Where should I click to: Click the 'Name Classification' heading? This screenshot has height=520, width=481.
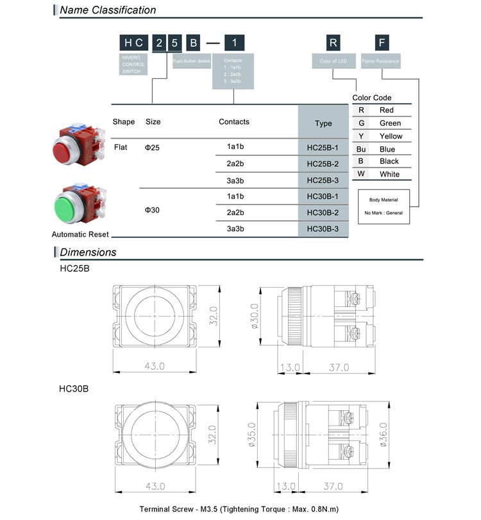[x=107, y=10]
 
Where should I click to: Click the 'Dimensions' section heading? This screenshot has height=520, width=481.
[x=88, y=252]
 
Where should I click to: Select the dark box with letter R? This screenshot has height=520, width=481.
[x=333, y=43]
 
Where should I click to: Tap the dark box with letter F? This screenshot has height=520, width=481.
[x=382, y=43]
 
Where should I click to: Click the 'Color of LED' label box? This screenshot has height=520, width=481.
[x=333, y=62]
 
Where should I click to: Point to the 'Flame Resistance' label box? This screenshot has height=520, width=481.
[x=381, y=62]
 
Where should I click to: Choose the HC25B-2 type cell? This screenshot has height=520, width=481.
[x=323, y=164]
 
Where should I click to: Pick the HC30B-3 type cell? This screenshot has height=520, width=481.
[x=323, y=229]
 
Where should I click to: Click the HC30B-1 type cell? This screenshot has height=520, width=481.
[x=323, y=196]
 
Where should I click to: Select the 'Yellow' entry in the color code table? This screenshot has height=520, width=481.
[x=391, y=136]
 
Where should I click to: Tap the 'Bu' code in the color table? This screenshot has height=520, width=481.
[x=361, y=149]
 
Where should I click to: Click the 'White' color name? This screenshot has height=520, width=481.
[x=389, y=174]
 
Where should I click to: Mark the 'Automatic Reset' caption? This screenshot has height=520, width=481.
[x=80, y=234]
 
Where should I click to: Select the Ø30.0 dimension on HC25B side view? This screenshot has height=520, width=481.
[x=254, y=317]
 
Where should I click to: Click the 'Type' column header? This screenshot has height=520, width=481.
[x=323, y=123]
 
